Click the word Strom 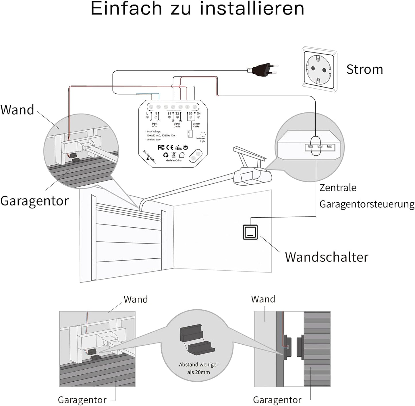tap(364, 69)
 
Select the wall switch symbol tap(250, 232)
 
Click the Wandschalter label tap(327, 257)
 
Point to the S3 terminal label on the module tap(190, 114)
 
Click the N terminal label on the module tap(156, 114)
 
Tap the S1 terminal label tap(169, 114)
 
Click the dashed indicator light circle tap(203, 134)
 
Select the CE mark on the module tap(170, 147)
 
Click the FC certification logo tap(161, 147)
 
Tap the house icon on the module tap(182, 155)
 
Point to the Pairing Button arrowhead tap(148, 158)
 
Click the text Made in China tap(173, 161)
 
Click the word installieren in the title tap(252, 9)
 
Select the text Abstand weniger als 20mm tap(198, 368)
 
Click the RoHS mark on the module tap(178, 148)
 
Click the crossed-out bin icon tap(173, 155)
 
